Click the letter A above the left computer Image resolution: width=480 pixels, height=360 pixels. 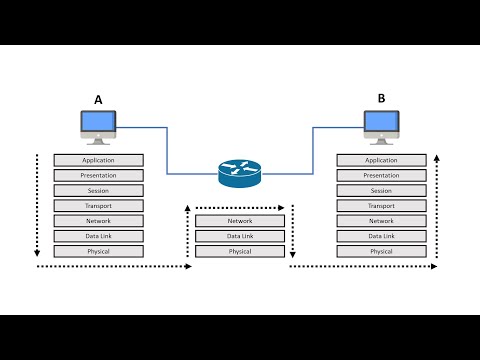(x=98, y=100)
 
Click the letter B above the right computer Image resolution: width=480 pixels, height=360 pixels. (x=381, y=99)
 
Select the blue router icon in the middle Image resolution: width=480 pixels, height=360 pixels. (x=240, y=173)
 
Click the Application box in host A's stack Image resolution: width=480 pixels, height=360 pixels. (x=99, y=160)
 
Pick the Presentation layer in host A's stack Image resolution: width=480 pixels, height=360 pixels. (x=99, y=175)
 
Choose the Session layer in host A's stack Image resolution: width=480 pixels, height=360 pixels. (x=99, y=190)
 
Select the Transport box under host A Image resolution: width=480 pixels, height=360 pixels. (x=99, y=206)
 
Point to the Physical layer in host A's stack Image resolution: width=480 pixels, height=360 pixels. (x=99, y=251)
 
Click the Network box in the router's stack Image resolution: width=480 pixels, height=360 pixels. (x=240, y=221)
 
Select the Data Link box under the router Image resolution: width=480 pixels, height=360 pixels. (x=240, y=236)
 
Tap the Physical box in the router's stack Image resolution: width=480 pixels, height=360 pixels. (x=240, y=251)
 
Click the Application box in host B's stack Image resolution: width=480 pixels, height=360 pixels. (x=381, y=160)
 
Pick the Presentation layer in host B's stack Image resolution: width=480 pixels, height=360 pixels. (x=381, y=175)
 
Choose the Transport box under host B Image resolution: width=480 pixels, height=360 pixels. (x=381, y=206)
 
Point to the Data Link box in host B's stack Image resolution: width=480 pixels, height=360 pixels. (x=381, y=236)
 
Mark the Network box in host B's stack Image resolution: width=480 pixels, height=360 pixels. (x=381, y=221)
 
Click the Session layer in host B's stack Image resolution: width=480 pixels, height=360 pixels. (x=381, y=190)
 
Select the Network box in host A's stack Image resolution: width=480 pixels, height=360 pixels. (x=99, y=221)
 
